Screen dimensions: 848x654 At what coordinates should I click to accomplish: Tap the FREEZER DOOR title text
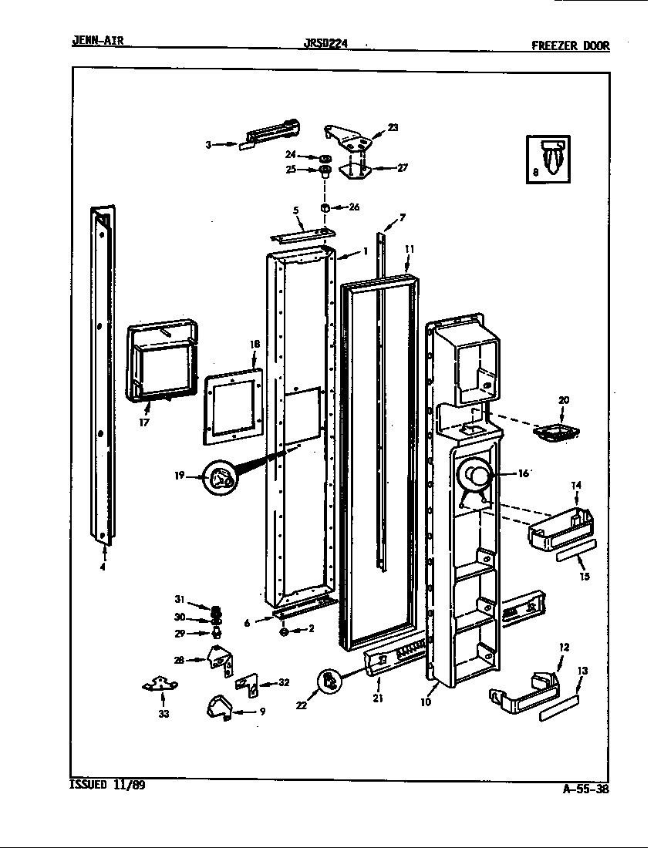click(x=570, y=45)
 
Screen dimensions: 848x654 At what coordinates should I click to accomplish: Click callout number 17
click(x=144, y=423)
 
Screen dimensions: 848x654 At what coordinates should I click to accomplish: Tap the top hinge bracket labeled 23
click(x=352, y=139)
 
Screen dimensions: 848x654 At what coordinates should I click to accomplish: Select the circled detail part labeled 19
click(x=218, y=480)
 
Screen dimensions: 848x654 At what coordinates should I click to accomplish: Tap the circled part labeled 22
click(x=330, y=679)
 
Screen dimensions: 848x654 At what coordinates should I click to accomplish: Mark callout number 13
click(x=582, y=671)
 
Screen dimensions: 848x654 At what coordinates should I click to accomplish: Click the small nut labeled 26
click(x=326, y=207)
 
